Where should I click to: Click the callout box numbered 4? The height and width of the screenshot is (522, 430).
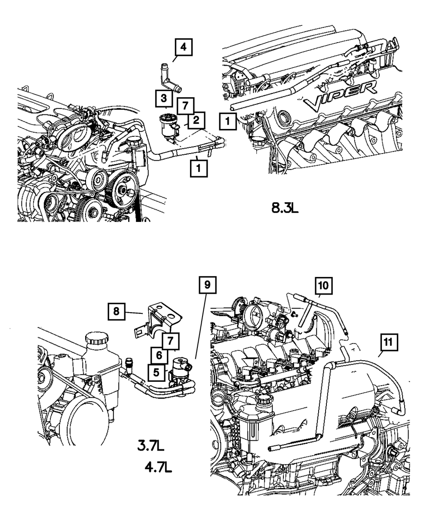183,48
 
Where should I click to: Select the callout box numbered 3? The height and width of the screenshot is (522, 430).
164,98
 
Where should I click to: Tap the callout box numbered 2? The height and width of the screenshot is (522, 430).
196,120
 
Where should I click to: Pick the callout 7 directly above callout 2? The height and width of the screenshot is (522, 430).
184,106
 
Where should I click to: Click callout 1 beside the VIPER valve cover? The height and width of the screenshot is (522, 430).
228,121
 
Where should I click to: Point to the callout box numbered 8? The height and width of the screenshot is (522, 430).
117,311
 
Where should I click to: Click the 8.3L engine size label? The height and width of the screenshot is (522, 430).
285,209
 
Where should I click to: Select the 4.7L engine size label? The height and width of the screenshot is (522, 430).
158,467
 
